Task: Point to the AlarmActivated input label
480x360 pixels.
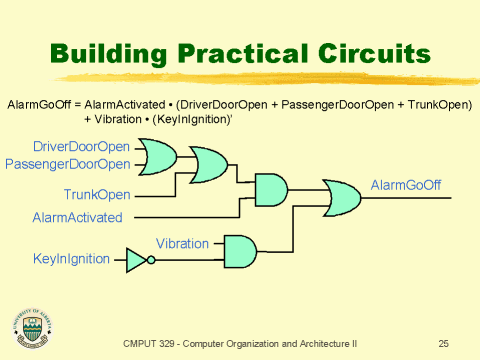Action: pos(78,217)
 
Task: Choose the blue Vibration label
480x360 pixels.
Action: pos(182,243)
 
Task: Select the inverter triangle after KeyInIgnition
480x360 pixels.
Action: pos(137,260)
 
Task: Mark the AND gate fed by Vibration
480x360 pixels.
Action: pos(239,251)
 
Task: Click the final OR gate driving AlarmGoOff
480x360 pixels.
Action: pos(342,196)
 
